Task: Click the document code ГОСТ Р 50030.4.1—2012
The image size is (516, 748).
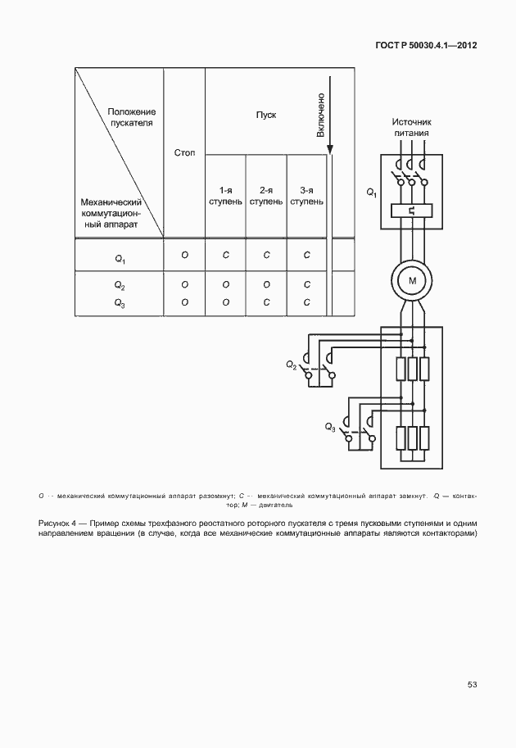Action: click(423, 46)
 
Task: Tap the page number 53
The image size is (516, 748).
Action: click(472, 685)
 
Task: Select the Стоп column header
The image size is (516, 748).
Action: click(184, 152)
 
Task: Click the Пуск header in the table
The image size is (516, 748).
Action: click(266, 115)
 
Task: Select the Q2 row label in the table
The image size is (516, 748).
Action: click(120, 286)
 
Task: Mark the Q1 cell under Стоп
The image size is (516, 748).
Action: click(184, 256)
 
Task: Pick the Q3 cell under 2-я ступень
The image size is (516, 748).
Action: click(266, 301)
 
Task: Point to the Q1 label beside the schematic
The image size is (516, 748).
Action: click(371, 193)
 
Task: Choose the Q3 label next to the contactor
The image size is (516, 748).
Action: click(329, 427)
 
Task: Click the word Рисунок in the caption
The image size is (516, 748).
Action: click(57, 523)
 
